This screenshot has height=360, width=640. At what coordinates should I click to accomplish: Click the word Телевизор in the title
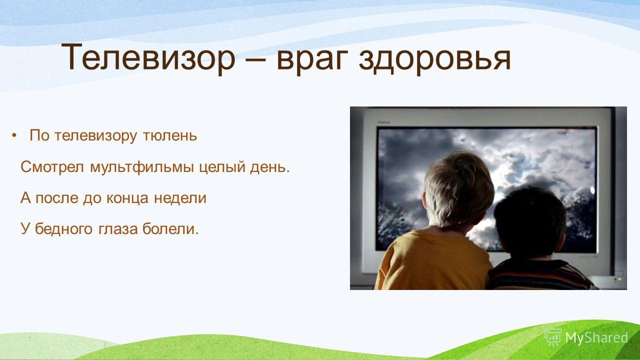[x=148, y=57]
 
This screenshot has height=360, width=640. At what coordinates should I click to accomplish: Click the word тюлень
[x=169, y=135]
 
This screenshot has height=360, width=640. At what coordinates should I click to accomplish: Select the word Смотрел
[x=52, y=166]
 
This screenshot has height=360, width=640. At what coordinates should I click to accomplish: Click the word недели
[x=180, y=198]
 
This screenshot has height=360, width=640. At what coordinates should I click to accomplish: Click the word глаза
[x=118, y=229]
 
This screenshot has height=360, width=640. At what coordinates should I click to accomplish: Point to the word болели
[x=170, y=228]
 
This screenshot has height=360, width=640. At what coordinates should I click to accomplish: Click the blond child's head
[x=457, y=188]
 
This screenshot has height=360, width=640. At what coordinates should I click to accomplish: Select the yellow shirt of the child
[x=431, y=260]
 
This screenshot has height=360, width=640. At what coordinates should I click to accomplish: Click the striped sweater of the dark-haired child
[x=540, y=275]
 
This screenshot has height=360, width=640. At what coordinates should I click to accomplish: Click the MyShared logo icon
[x=553, y=337]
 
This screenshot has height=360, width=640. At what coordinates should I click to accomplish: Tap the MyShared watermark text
[x=596, y=338]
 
